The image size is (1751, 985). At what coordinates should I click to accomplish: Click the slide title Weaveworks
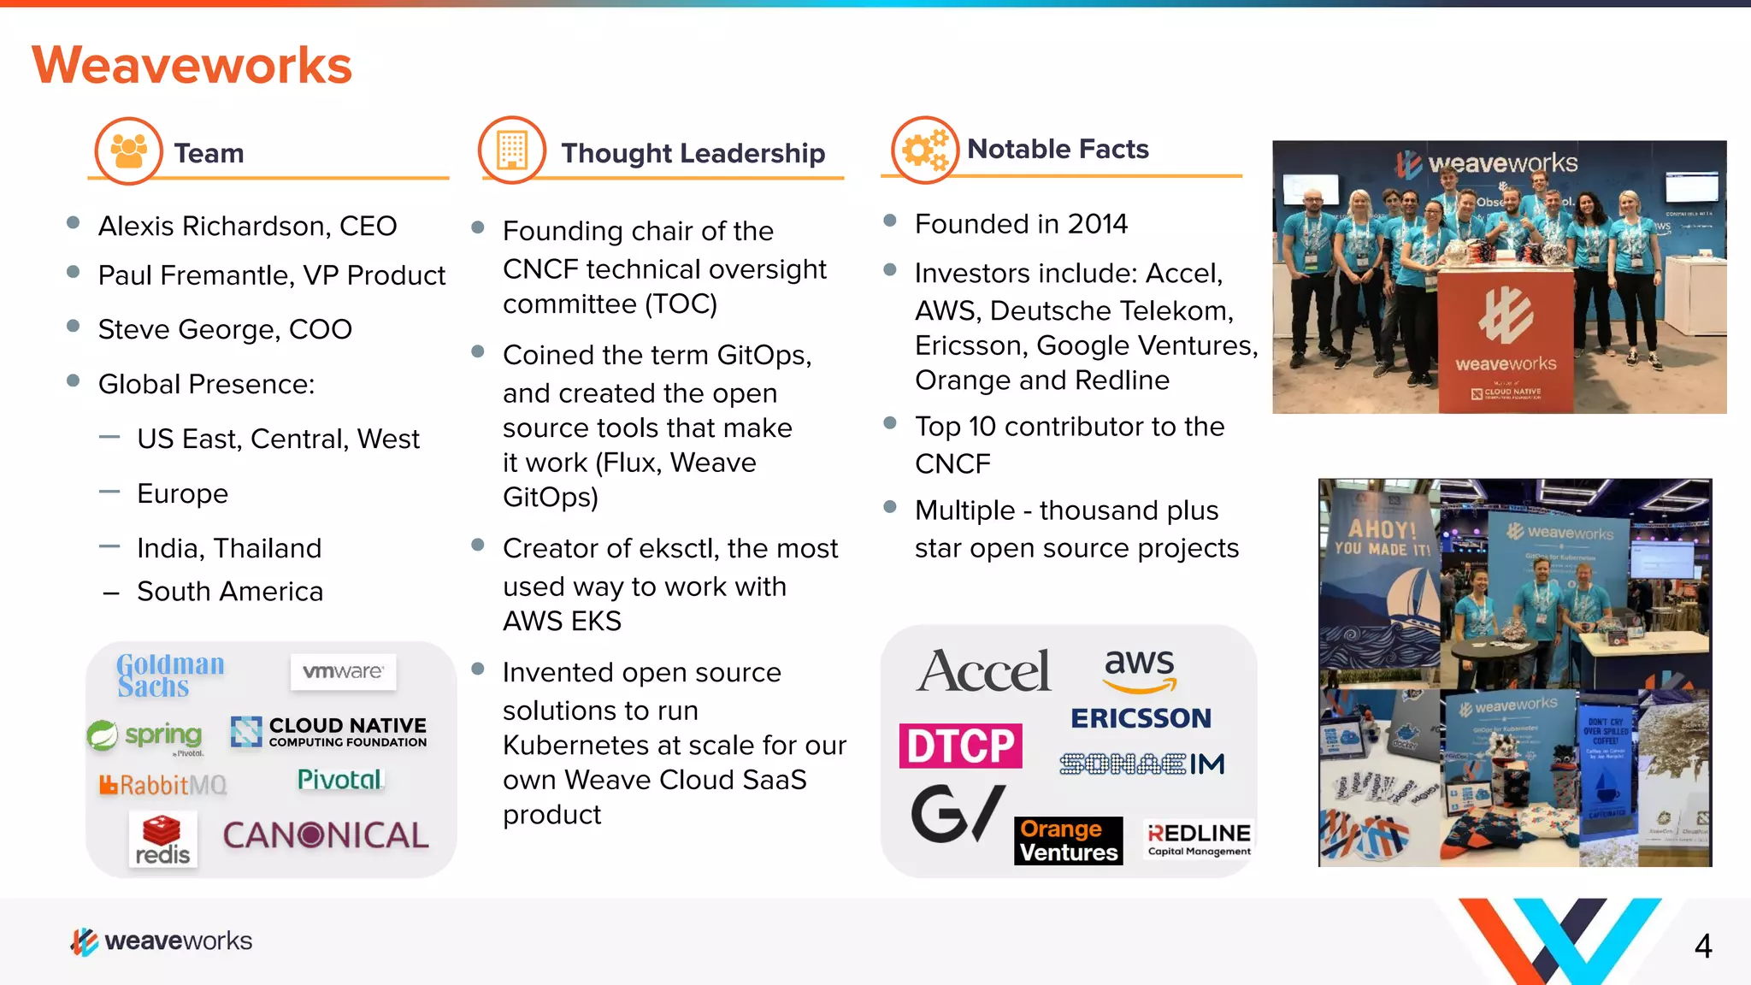pos(192,65)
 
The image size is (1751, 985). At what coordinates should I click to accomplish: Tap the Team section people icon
pos(128,151)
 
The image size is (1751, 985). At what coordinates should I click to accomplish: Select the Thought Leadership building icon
pos(511,150)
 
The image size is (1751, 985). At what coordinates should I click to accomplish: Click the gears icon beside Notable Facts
pos(924,150)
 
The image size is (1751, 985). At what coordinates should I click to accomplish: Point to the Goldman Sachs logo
pos(170,675)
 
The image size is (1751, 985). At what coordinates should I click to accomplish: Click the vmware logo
pos(343,672)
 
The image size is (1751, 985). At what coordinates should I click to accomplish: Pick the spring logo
pos(146,735)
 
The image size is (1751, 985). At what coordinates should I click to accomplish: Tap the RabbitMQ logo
pos(163,784)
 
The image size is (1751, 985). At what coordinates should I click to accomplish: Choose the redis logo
pos(162,840)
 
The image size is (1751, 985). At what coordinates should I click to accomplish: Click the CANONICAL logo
pos(326,835)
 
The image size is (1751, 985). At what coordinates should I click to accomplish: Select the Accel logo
pos(983,670)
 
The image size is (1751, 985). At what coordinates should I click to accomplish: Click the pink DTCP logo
pos(960,746)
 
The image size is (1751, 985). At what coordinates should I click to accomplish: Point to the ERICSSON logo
pos(1141,718)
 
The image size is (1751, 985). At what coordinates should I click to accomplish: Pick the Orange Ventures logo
pos(1068,840)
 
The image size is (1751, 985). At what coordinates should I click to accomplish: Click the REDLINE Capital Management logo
pos(1199,839)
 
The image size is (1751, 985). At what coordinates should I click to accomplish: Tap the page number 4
pos(1702,946)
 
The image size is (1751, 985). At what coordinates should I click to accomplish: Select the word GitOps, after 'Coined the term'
pos(763,355)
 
